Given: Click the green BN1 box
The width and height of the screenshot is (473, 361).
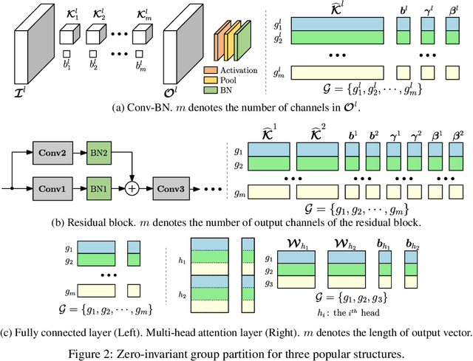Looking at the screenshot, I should pyautogui.click(x=100, y=189).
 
